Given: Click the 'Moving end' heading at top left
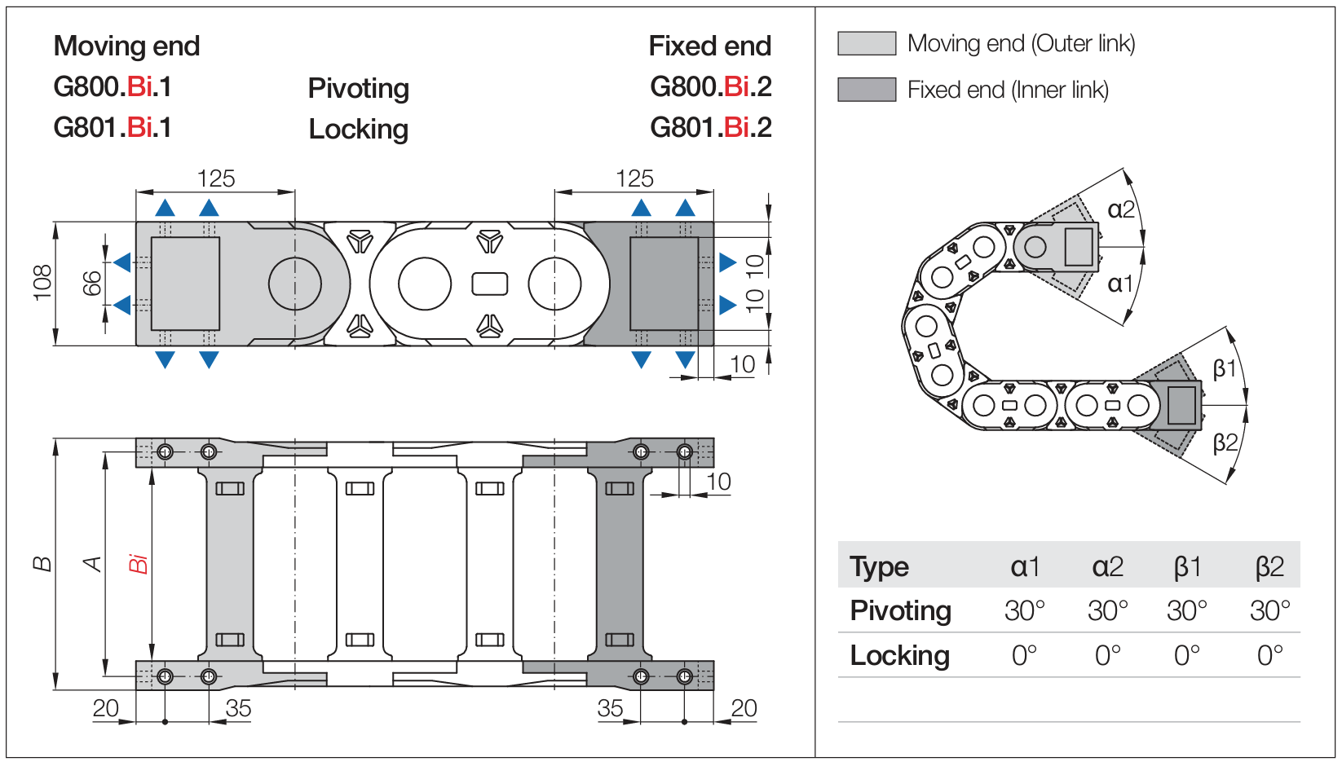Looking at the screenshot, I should click(126, 46).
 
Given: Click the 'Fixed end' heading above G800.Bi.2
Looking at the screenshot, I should click(709, 46).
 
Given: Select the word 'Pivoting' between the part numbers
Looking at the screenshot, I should click(358, 88).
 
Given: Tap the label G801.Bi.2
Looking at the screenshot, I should click(710, 128).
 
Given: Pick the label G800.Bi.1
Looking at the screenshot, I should click(113, 87).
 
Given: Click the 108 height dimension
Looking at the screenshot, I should click(42, 283).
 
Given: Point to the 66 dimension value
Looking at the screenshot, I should click(92, 283).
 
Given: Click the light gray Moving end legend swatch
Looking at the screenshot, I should click(867, 43).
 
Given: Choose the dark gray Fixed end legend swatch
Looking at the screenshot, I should click(867, 90).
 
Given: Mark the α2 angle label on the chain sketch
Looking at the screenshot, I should click(1121, 210).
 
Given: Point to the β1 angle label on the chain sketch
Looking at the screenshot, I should click(1225, 369).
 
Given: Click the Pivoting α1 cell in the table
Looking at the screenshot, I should click(1024, 611).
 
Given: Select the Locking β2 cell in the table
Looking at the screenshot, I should click(1269, 655).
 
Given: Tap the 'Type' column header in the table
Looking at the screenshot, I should click(879, 567).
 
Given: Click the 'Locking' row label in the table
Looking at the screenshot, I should click(899, 656).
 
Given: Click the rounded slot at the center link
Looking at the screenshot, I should click(490, 284).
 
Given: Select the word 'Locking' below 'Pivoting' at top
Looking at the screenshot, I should click(358, 130).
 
